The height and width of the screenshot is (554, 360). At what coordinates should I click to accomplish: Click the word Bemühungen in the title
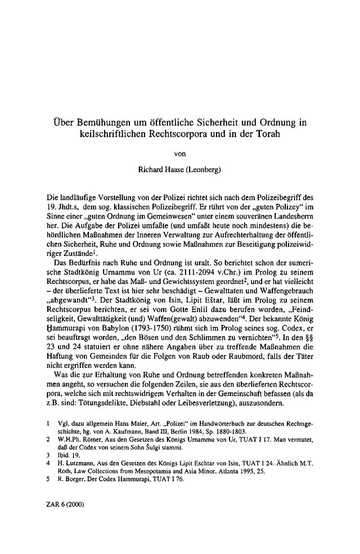pos(101,121)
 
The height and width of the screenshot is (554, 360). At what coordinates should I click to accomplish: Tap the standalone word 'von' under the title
pos(181,151)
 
